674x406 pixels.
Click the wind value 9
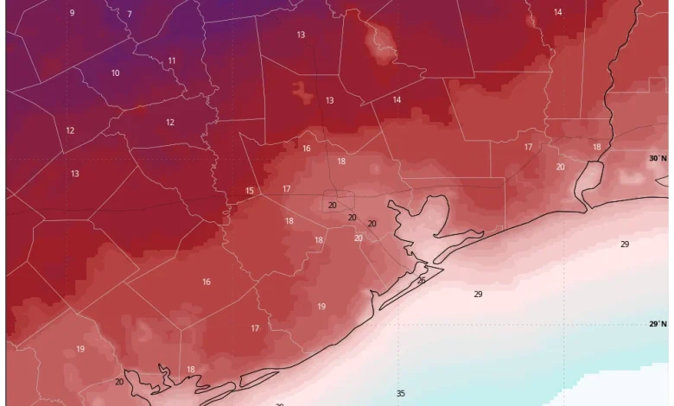72,13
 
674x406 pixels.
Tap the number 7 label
130,15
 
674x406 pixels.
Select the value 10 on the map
115,73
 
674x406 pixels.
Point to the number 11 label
172,60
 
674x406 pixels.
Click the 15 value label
250,191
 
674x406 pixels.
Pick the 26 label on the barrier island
421,281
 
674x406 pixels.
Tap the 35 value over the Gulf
401,394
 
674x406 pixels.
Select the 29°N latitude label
658,324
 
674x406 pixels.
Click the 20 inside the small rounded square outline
333,206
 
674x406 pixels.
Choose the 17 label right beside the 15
287,188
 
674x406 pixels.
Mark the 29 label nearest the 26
478,295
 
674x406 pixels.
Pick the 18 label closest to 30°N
596,147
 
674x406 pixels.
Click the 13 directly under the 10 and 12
75,174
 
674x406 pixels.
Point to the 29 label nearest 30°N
625,244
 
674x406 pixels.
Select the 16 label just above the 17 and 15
307,149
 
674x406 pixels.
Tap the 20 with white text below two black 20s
359,238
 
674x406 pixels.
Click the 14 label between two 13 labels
397,99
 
